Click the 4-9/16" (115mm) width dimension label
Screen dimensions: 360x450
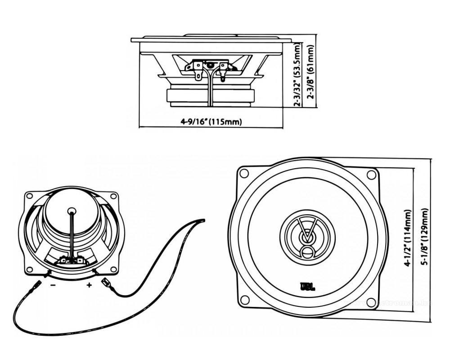211,121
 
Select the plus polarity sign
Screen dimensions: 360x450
89,285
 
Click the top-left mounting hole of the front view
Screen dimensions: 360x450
244,173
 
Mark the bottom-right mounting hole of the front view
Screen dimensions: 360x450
371,301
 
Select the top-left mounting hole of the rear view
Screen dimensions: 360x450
30,196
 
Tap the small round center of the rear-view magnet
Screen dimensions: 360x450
71,210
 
